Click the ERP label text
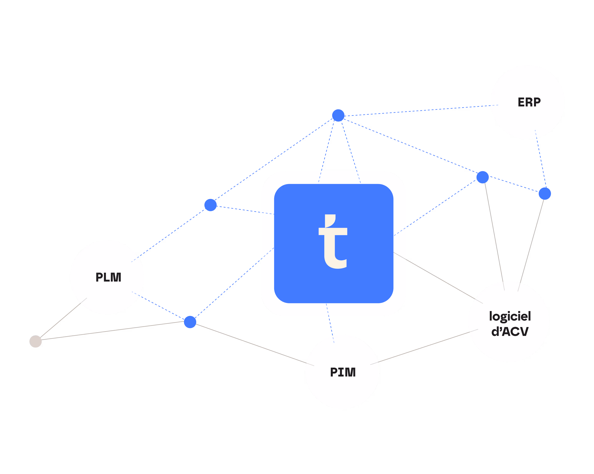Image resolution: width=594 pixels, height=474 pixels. pos(529,102)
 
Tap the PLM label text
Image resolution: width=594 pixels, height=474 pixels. pos(108,277)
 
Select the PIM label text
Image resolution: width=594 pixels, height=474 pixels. pos(343,372)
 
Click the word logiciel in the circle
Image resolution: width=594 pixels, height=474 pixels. pos(510,316)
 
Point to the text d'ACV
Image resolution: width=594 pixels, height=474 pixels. pos(510,331)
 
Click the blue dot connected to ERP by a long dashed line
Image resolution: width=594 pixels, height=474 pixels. pos(338,115)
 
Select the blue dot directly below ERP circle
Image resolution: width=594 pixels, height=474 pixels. pos(545,193)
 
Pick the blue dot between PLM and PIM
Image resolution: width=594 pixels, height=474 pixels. pos(190,322)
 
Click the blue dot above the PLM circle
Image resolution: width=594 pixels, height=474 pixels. pos(210,205)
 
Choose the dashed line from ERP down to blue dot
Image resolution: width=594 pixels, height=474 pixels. pos(540,160)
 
